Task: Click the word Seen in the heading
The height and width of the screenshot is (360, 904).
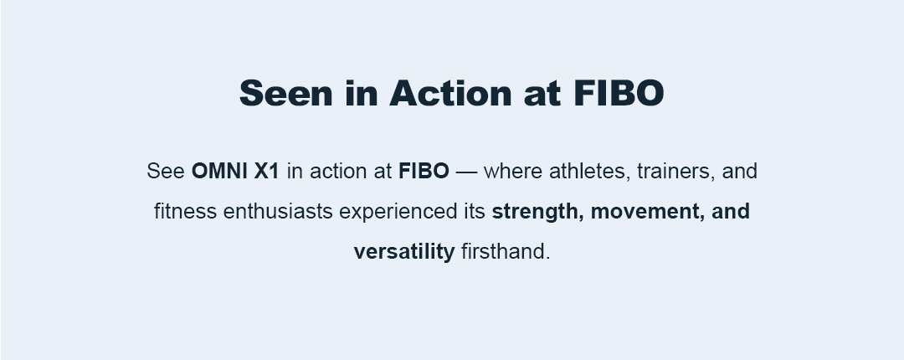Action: tap(286, 93)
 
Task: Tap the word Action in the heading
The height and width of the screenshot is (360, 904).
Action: tap(451, 93)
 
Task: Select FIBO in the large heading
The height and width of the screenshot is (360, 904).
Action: tap(619, 93)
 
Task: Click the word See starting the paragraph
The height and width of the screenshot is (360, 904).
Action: tap(166, 172)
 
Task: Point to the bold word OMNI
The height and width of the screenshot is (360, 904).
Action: tap(219, 172)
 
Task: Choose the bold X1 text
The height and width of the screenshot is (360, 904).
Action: tap(266, 172)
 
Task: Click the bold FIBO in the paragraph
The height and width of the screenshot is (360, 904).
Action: tap(424, 172)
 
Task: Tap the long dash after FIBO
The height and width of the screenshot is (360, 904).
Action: tap(466, 172)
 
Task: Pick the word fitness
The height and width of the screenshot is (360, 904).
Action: tap(185, 212)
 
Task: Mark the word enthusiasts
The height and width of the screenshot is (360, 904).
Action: tap(278, 212)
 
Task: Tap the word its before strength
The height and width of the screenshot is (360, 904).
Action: tap(475, 212)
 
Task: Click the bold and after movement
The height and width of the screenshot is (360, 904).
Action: tap(731, 212)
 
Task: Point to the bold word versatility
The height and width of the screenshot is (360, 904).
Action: tap(404, 252)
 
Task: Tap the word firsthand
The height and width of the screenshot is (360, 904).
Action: tap(506, 252)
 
